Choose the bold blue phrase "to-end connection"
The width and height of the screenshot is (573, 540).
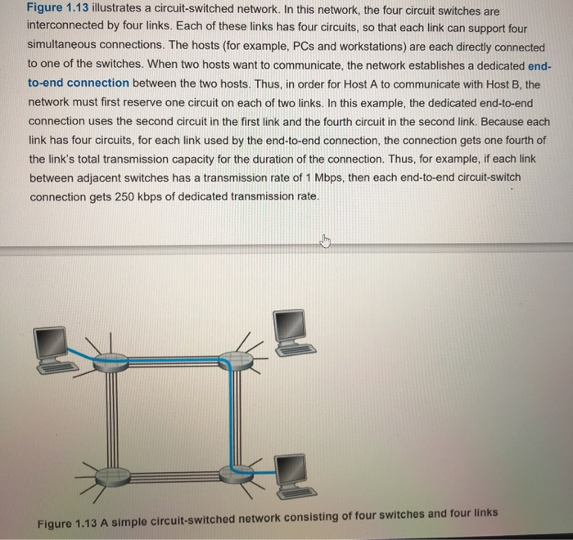(x=78, y=83)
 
